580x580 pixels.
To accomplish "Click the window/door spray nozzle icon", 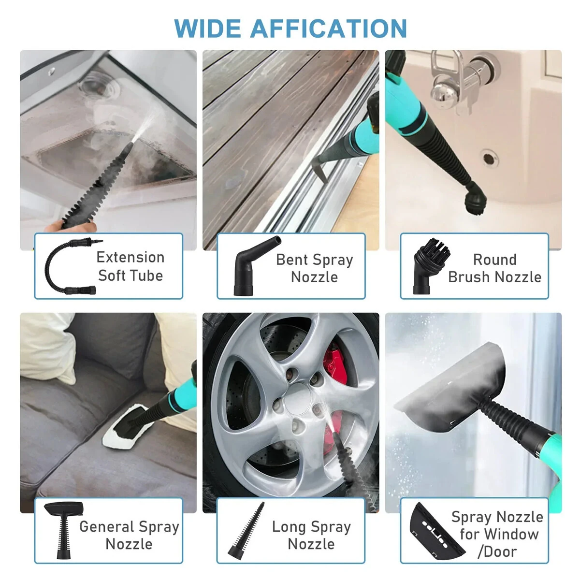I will tap(433, 531).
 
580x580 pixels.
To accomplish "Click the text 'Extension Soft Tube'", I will tap(130, 266).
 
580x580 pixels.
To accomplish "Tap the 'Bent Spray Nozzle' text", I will tap(314, 268).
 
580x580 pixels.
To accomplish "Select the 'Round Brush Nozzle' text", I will tap(494, 268).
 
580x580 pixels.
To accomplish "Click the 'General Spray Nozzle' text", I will tap(129, 535).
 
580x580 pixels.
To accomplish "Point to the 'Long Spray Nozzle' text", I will tap(311, 535).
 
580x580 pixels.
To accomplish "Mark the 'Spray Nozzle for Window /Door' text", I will tap(497, 534).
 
